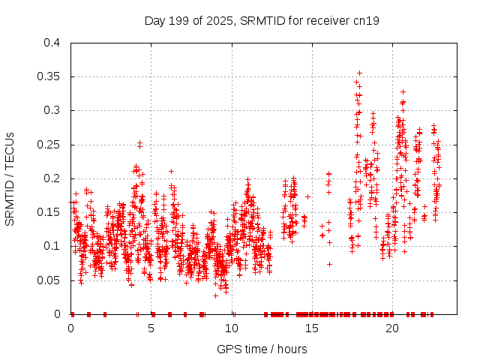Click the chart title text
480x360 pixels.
tap(262, 20)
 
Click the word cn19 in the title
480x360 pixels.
tap(366, 20)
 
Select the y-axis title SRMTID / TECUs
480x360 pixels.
tap(10, 178)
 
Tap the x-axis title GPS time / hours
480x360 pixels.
tap(262, 349)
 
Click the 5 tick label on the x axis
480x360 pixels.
tap(151, 328)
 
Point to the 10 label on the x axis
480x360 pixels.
tap(232, 328)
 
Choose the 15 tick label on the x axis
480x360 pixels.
tap(312, 328)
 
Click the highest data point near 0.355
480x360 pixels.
tap(359, 73)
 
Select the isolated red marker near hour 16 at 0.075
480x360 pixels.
tap(329, 263)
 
